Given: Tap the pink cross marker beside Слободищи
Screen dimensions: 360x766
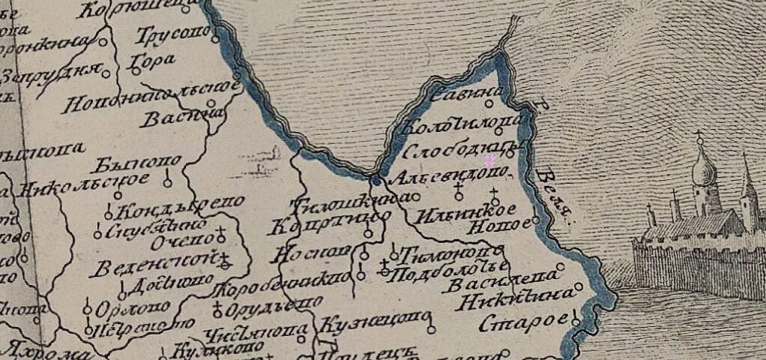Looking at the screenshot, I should click(489, 160).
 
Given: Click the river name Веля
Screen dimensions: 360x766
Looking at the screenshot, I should click(554, 196).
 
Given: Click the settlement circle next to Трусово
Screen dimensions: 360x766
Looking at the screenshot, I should click(216, 39).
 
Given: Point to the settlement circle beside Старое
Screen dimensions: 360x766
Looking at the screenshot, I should click(576, 322).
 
